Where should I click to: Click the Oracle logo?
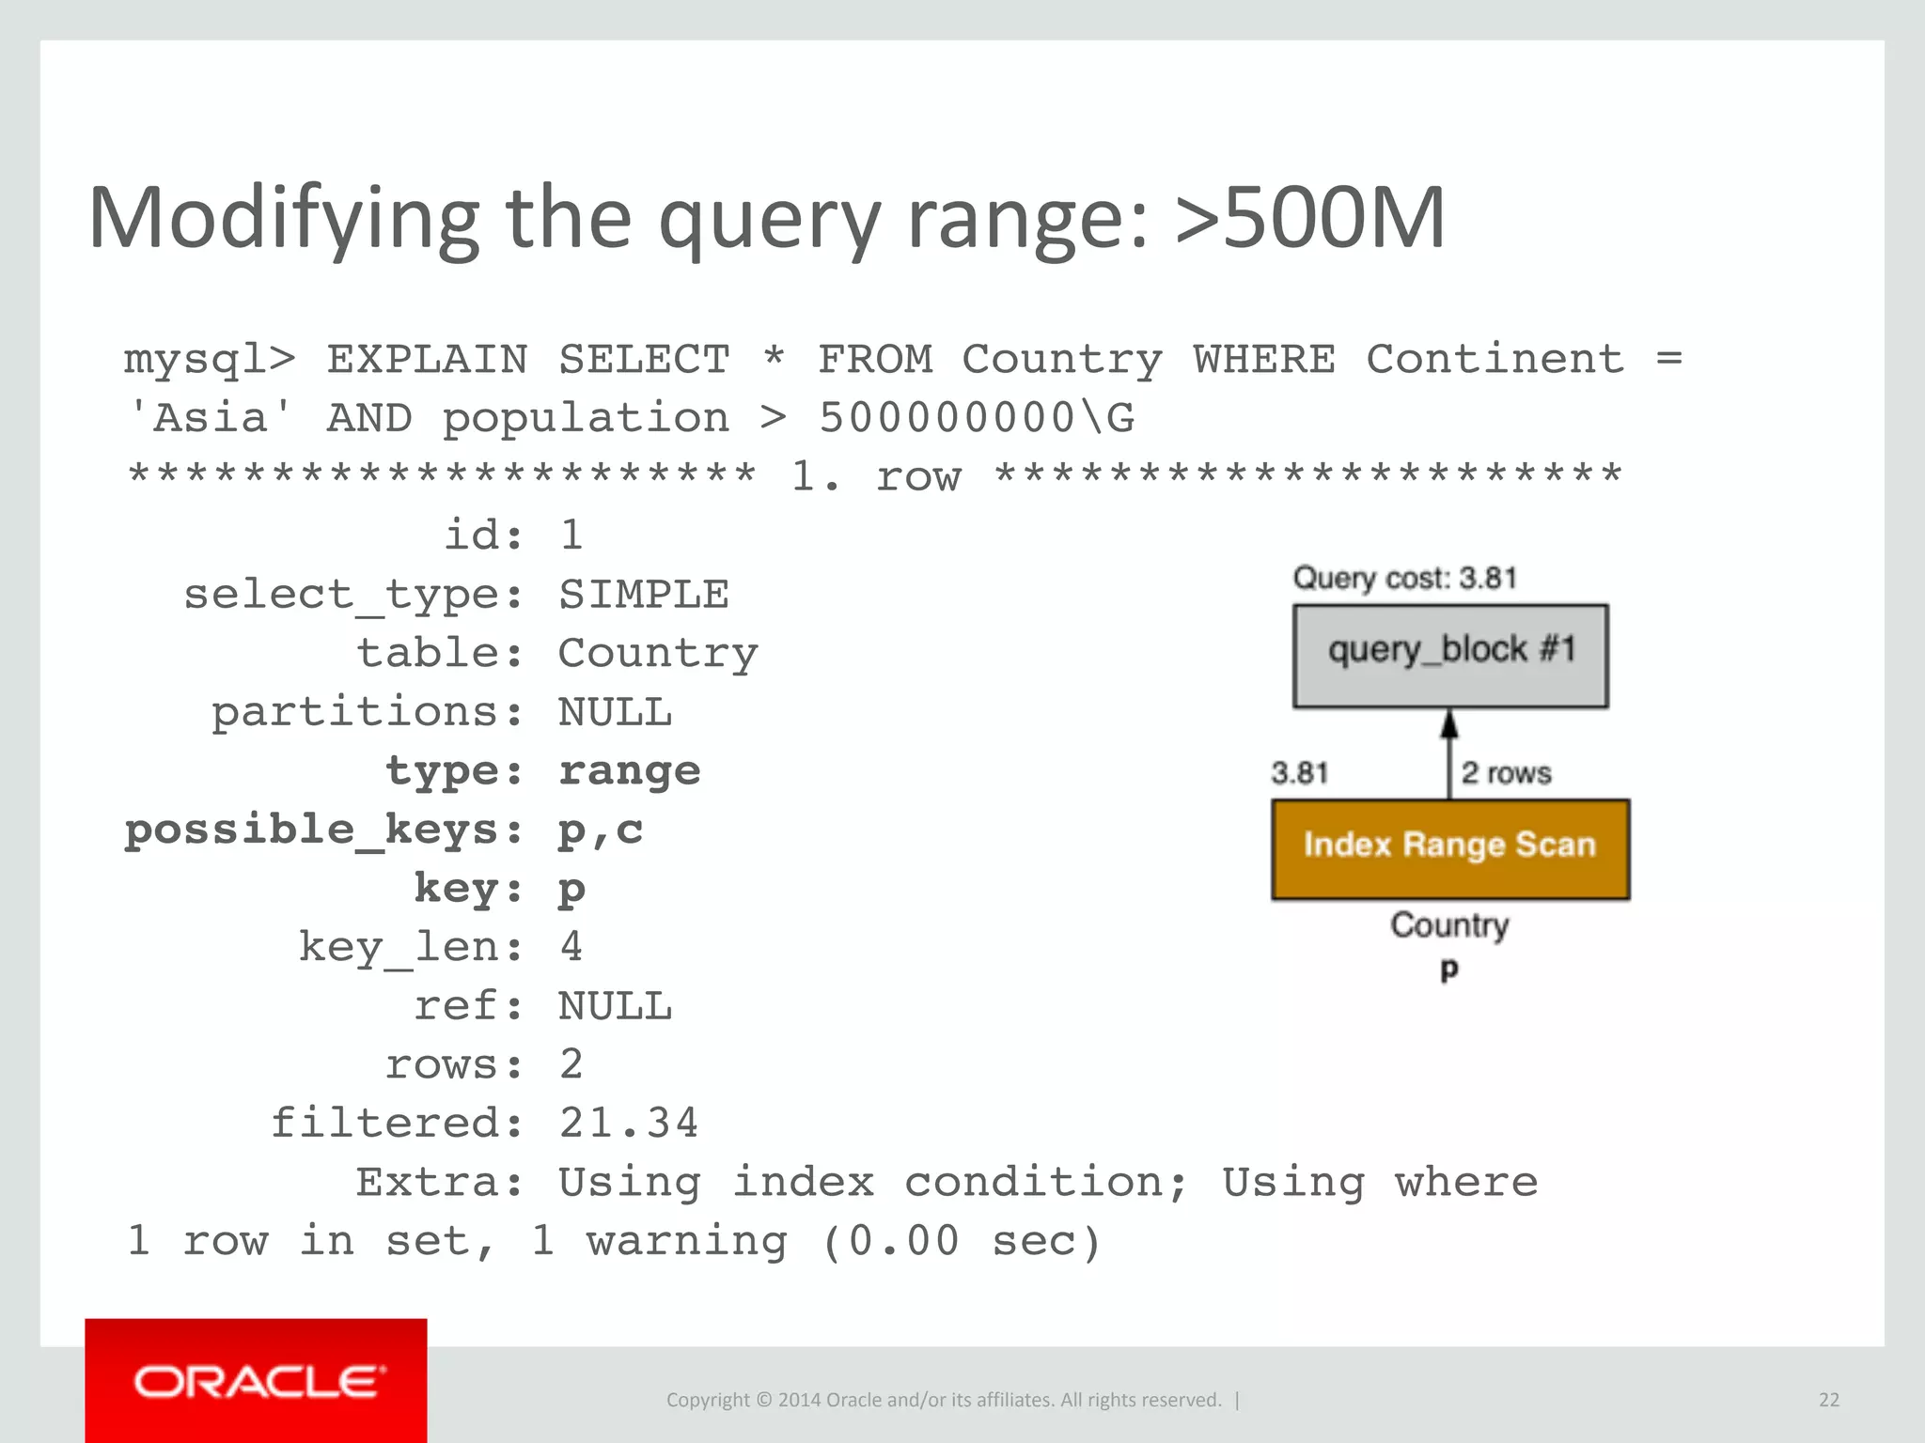(x=258, y=1382)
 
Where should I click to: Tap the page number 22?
(x=1828, y=1400)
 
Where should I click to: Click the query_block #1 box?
(x=1450, y=656)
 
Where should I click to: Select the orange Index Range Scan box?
(x=1450, y=849)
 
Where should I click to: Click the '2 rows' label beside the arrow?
(x=1506, y=773)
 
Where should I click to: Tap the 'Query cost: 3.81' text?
(x=1405, y=578)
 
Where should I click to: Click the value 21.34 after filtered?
(x=628, y=1124)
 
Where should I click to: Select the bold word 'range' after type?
(x=629, y=771)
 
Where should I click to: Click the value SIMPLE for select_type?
(x=643, y=595)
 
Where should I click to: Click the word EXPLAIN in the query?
(x=427, y=360)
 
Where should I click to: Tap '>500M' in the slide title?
(x=1310, y=219)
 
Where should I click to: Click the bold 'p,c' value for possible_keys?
(x=600, y=830)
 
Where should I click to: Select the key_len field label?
(x=410, y=947)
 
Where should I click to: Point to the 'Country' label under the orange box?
(x=1449, y=925)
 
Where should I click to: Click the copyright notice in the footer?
(x=944, y=1400)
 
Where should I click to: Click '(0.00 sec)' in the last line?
(x=961, y=1241)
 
